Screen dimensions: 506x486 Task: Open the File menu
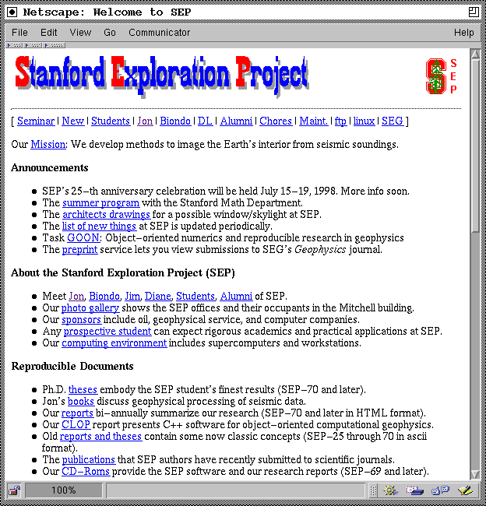[19, 33]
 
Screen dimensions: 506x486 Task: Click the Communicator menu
[159, 33]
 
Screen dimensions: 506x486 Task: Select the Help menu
[463, 33]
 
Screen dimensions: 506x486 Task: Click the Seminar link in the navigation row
[36, 121]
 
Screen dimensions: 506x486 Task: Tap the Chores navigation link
[276, 121]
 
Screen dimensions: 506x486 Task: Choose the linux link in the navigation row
[364, 121]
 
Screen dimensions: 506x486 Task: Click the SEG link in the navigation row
[393, 121]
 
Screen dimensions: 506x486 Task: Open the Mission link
[48, 145]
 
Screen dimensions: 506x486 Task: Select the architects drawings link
[106, 215]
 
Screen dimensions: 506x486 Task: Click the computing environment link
[114, 343]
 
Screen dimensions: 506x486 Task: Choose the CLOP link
[77, 425]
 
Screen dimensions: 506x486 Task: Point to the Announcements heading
[50, 168]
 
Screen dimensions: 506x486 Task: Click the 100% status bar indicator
[63, 490]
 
